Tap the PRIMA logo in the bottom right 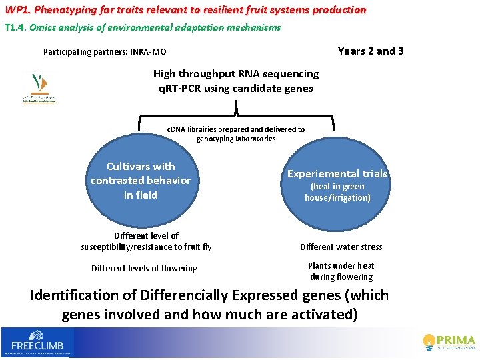449,341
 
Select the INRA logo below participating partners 38,87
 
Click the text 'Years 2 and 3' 371,51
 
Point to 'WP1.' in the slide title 17,10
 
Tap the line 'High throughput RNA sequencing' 236,74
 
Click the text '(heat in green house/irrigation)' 337,192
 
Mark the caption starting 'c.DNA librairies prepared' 236,134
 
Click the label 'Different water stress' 341,247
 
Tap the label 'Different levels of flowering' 144,269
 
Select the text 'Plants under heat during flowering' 341,271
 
